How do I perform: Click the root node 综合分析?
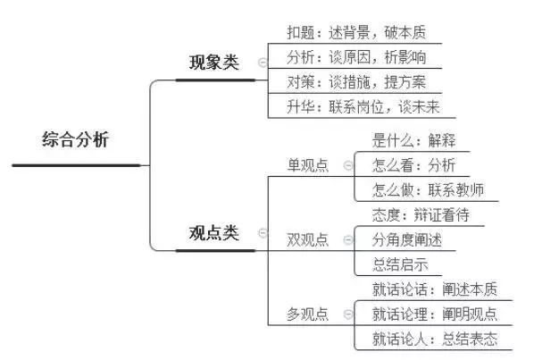(x=75, y=139)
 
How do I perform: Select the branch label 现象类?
(x=214, y=63)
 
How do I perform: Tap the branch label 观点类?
(x=214, y=233)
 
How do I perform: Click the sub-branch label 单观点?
(x=308, y=165)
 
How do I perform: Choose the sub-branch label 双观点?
(x=308, y=239)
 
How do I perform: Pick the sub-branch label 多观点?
(x=308, y=314)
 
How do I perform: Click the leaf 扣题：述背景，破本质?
(x=356, y=32)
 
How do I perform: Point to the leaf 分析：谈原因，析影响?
(x=356, y=57)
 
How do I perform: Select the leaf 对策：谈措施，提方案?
(x=356, y=82)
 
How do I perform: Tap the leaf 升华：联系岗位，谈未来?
(x=363, y=107)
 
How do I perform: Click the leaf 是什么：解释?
(x=413, y=140)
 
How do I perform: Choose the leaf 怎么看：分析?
(x=413, y=165)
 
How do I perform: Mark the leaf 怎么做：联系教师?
(x=428, y=190)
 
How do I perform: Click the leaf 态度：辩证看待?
(x=421, y=215)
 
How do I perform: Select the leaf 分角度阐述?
(x=407, y=239)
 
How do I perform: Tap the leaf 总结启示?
(x=400, y=264)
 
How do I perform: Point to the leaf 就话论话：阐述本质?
(x=435, y=289)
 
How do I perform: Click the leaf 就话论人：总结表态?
(x=435, y=339)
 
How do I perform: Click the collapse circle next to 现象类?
(x=263, y=63)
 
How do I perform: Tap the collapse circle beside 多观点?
(x=348, y=314)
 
